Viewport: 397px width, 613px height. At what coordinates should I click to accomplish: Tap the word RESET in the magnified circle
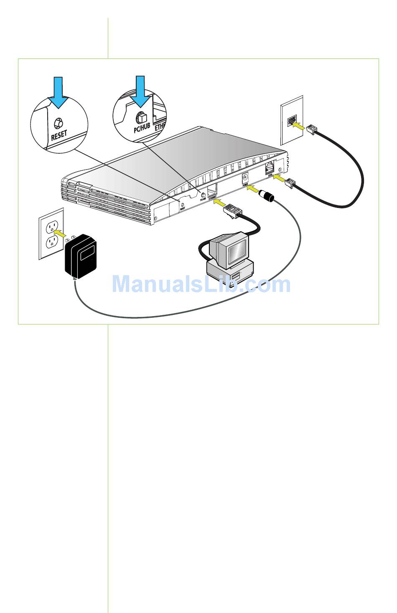coord(59,135)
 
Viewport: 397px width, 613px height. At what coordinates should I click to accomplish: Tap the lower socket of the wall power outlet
coord(51,242)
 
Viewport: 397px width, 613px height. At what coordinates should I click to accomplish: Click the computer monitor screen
coord(236,252)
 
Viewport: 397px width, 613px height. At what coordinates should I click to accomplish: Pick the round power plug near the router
coord(266,196)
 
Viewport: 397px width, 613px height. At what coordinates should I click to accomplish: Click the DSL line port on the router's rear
coord(269,169)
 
